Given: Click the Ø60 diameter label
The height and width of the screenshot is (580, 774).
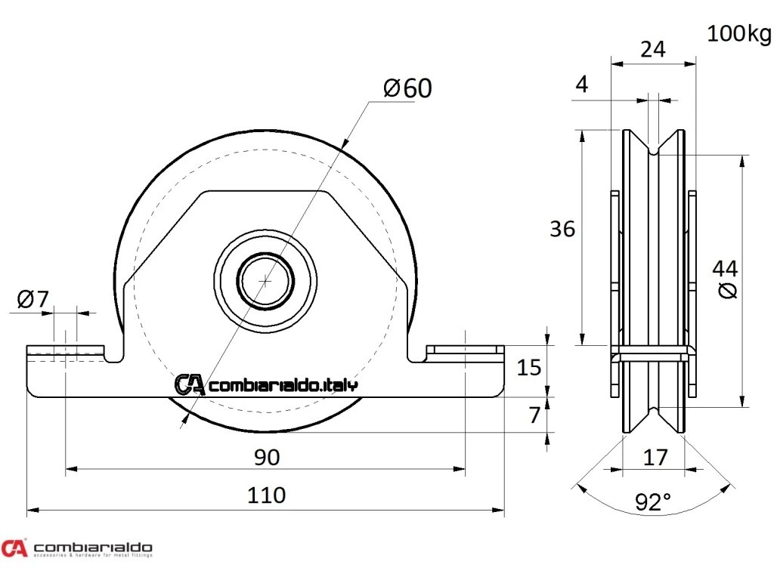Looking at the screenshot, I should [408, 88].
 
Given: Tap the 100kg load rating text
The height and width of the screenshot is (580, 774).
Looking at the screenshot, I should [739, 34].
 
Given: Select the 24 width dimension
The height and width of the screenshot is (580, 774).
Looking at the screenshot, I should [653, 49].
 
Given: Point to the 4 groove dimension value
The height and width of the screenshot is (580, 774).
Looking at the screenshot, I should [581, 85].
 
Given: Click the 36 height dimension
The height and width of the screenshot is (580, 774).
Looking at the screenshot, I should [562, 228].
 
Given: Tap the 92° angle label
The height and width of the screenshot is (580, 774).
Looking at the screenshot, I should [653, 501].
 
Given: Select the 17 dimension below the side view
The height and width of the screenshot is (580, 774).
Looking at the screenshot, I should [654, 458].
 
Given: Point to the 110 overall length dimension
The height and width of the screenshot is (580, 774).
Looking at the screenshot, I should [267, 495].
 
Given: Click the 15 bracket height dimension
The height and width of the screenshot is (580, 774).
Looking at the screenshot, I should [528, 368].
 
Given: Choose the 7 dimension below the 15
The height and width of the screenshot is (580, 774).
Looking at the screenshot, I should [535, 414].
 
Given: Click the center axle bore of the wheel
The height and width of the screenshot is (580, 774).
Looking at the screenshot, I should [265, 280].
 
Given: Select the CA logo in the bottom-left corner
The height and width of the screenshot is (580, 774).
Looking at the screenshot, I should [14, 548].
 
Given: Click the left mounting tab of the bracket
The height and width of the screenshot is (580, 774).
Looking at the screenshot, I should [66, 352].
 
